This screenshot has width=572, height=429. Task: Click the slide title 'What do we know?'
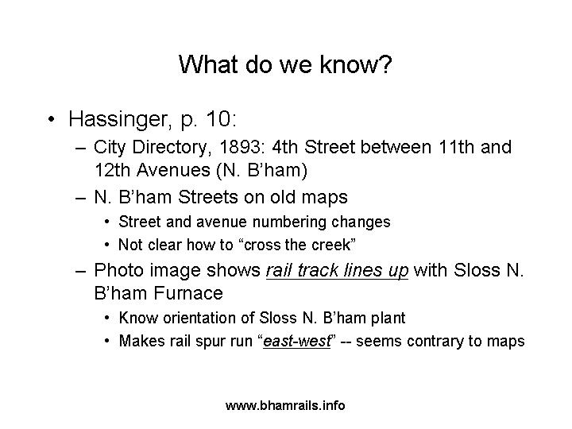coord(285,64)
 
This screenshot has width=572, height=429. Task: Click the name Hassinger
coord(118,120)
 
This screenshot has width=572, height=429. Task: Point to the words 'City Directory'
coord(152,148)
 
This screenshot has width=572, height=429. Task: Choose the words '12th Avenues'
coord(153,170)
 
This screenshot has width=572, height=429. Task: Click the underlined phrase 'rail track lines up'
coord(337,271)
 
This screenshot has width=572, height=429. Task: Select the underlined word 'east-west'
coord(296,341)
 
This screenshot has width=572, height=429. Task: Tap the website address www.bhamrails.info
coord(285,406)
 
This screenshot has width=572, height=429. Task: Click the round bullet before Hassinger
coord(52,119)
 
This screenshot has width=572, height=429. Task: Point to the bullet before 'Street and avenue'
coord(106,222)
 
